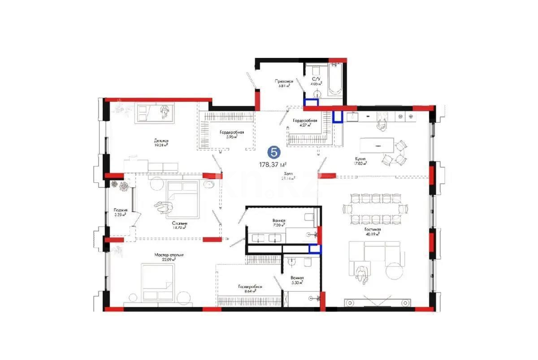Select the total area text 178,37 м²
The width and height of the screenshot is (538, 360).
[x=273, y=165]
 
